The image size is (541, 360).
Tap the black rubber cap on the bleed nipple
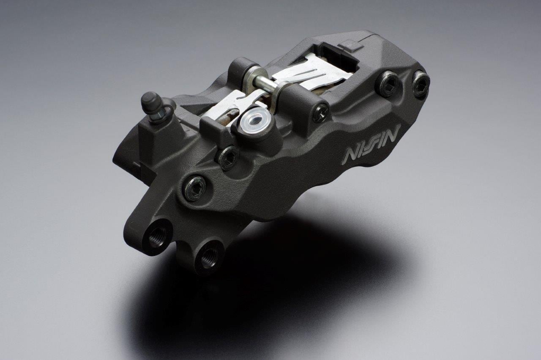tap(151, 102)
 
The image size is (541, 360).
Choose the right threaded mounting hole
tap(208, 258)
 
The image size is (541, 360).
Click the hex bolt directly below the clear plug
tap(227, 158)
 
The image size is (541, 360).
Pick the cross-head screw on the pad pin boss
tap(320, 113)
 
